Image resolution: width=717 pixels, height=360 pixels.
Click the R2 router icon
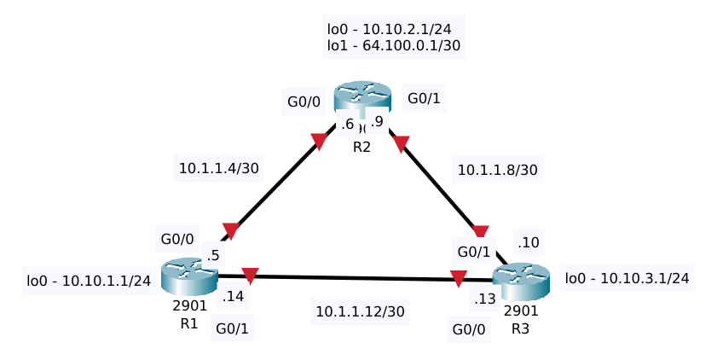[361, 97]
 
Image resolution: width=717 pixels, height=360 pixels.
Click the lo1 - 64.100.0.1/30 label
[394, 46]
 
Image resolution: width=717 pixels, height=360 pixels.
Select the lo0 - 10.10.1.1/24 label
[90, 280]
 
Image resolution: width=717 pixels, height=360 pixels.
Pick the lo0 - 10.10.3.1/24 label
[627, 277]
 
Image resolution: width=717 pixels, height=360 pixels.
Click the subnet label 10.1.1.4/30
[218, 168]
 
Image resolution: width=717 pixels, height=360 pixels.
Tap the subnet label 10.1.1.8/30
[497, 170]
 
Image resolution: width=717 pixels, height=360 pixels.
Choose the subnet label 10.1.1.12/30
[360, 311]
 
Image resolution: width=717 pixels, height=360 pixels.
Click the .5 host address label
[213, 255]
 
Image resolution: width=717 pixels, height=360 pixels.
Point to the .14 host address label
[233, 297]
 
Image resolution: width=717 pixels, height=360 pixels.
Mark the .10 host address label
[528, 243]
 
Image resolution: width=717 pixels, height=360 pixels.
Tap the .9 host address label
[377, 122]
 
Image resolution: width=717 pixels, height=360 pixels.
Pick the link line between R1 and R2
[273, 185]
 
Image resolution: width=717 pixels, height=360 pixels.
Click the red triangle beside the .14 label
[250, 276]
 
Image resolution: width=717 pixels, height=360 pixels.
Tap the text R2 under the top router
[361, 147]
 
